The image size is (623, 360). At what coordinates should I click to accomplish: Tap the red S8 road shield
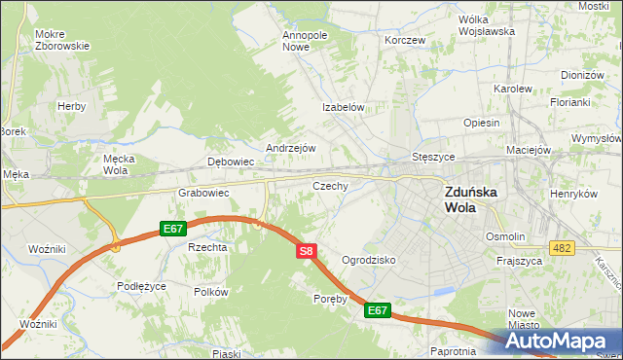point(306,251)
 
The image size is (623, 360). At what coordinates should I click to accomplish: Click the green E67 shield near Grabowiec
point(173,229)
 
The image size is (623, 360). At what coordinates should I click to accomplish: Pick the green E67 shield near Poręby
point(378,310)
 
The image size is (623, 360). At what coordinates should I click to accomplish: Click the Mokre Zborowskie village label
point(62,40)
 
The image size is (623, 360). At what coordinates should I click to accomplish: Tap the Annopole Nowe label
point(306,41)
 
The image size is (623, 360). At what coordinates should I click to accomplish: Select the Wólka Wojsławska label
point(487,25)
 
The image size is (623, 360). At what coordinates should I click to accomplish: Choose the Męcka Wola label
point(116,163)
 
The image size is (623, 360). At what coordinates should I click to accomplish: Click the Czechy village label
point(330,185)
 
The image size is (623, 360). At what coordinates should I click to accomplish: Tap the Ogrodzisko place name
point(368,261)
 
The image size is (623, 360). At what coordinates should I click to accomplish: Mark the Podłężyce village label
point(142,286)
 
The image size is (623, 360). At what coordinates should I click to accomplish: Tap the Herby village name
point(72,106)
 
